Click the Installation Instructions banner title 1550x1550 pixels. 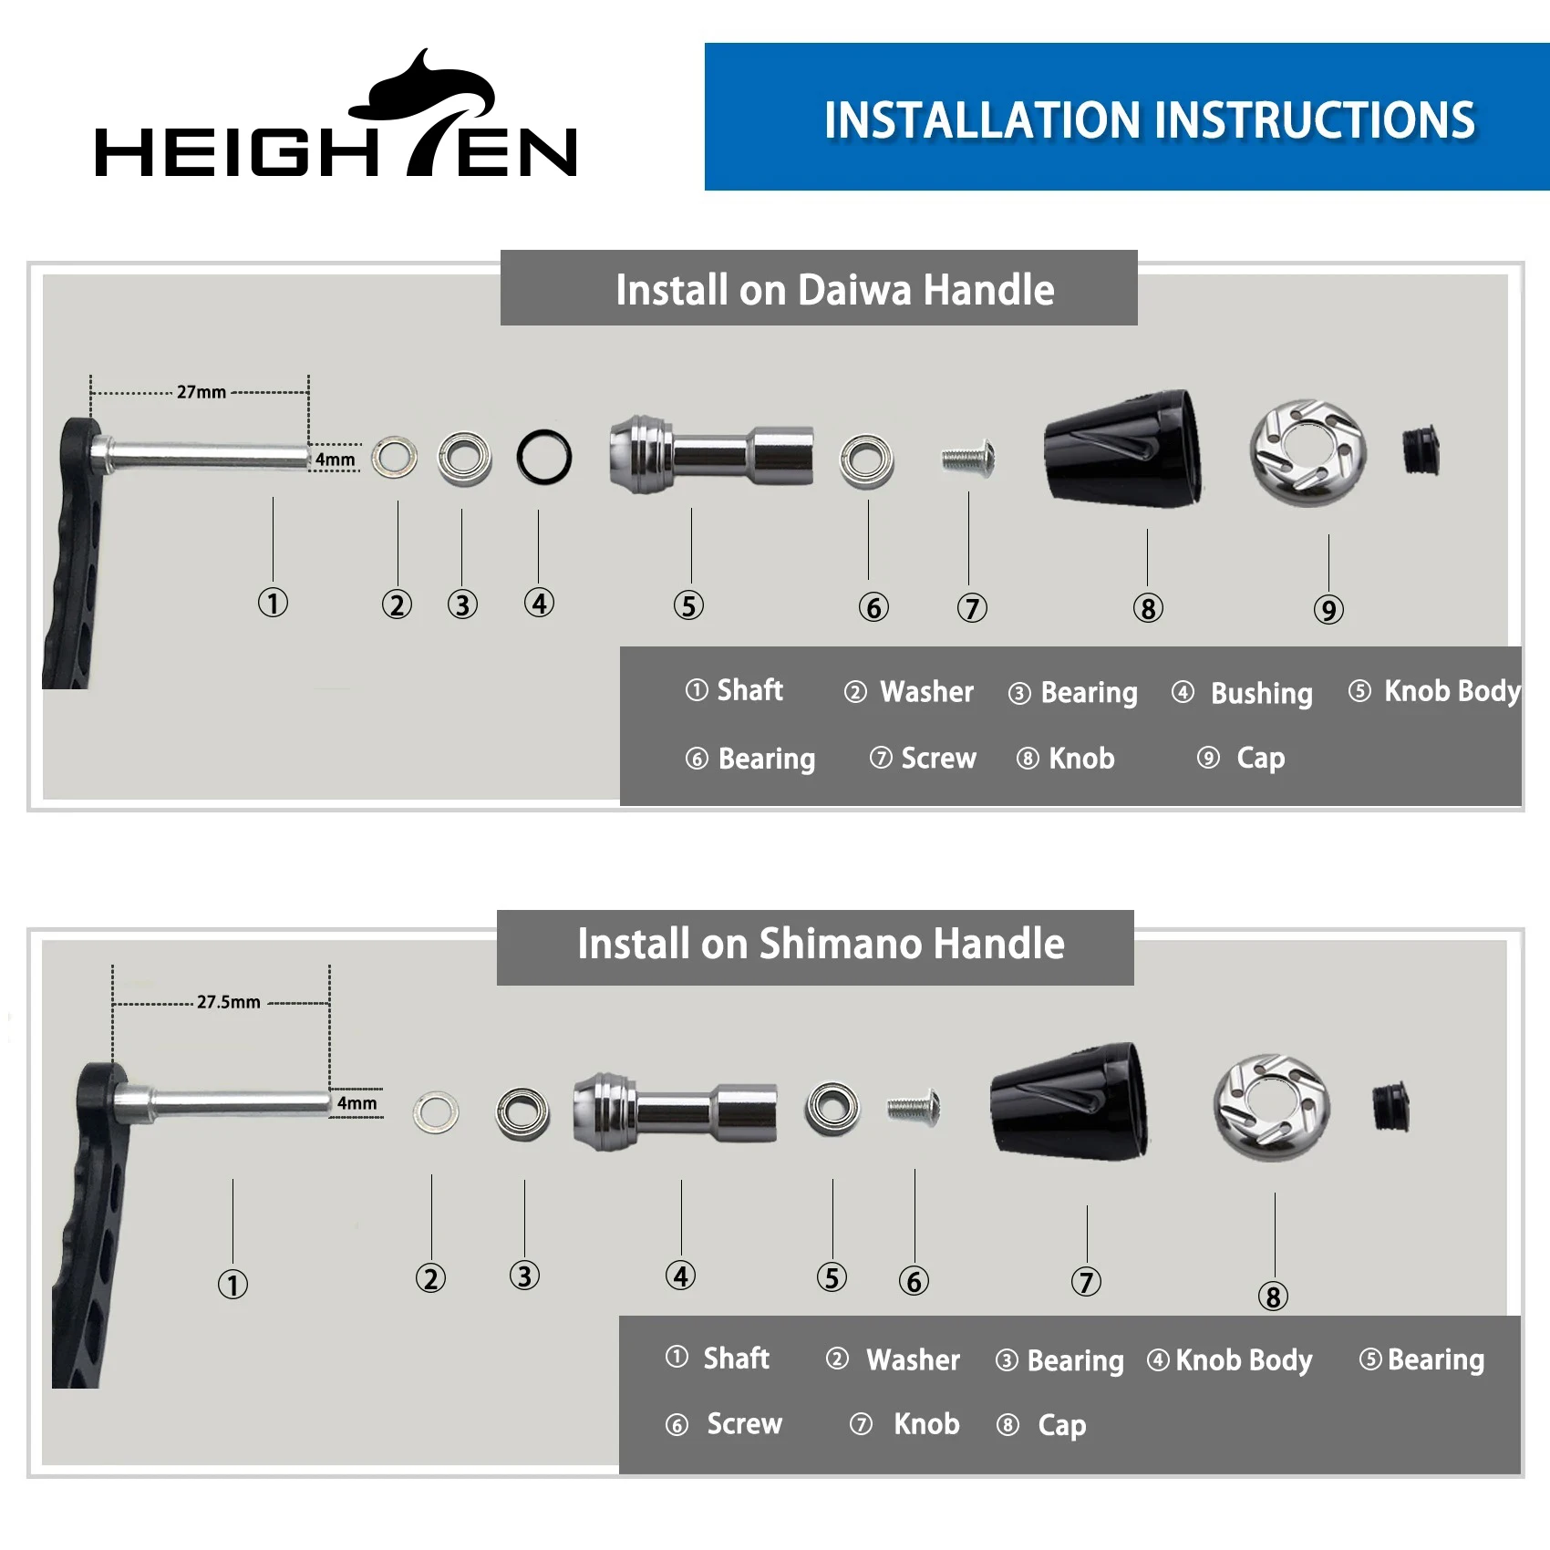pyautogui.click(x=1150, y=120)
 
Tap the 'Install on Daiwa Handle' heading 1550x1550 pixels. pyautogui.click(x=834, y=290)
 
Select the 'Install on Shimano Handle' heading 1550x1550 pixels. pyautogui.click(x=821, y=944)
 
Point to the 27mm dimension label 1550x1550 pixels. pyautogui.click(x=201, y=392)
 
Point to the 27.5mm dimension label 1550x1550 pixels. pyautogui.click(x=229, y=1002)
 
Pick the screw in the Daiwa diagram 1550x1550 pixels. pyautogui.click(x=968, y=458)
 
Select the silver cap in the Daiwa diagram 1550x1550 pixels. pyautogui.click(x=1307, y=452)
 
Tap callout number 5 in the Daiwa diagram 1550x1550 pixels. pyautogui.click(x=688, y=605)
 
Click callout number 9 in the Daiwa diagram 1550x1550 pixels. pyautogui.click(x=1328, y=609)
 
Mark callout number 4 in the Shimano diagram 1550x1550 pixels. pyautogui.click(x=680, y=1276)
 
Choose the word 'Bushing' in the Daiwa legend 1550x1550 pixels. pyautogui.click(x=1262, y=694)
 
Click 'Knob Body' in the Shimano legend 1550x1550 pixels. pyautogui.click(x=1244, y=1360)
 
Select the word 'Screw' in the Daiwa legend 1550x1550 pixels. pyautogui.click(x=938, y=759)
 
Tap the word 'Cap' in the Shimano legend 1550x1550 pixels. pyautogui.click(x=1062, y=1425)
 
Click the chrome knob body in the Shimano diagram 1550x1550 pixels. pyautogui.click(x=675, y=1111)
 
